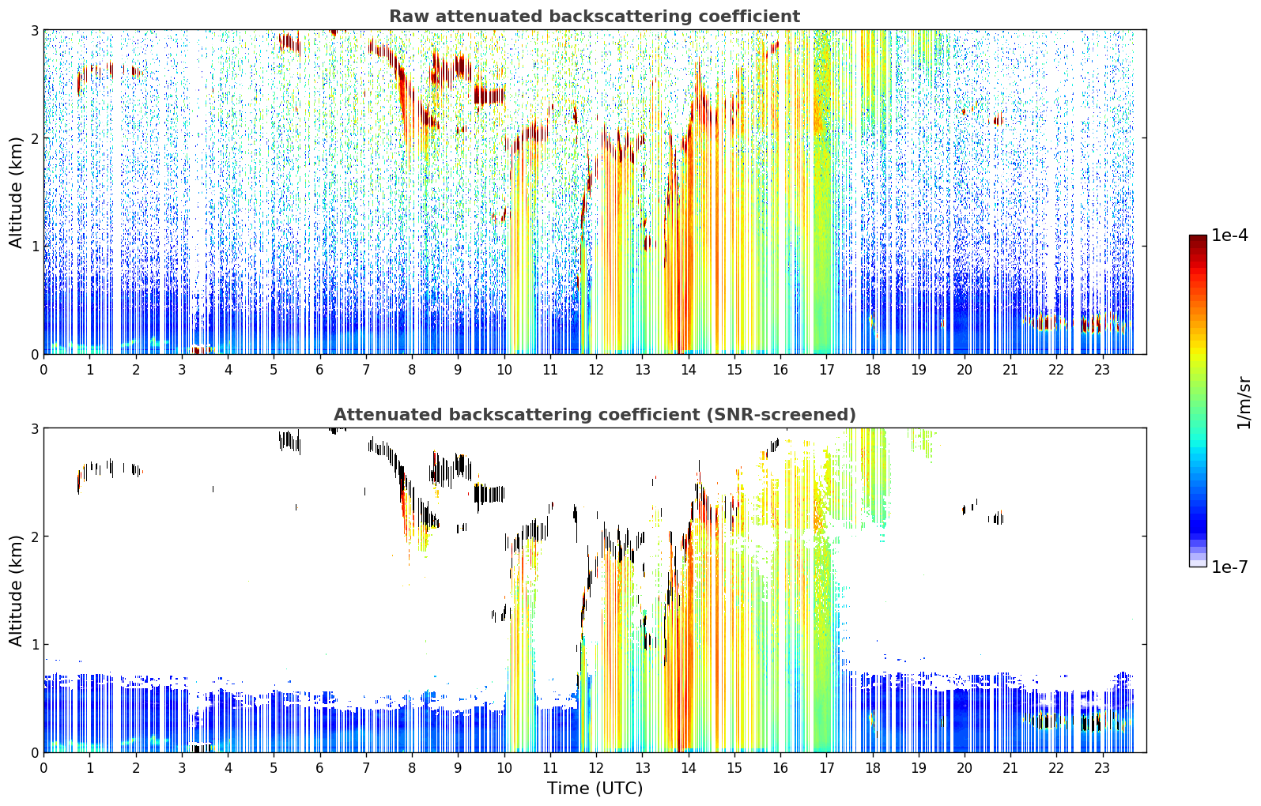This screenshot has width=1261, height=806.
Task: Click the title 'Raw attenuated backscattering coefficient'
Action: tap(595, 17)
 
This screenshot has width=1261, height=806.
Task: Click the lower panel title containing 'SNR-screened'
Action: tap(595, 415)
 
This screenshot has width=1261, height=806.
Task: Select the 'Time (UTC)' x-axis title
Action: tap(595, 789)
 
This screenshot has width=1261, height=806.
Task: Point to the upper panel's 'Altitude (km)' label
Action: tap(16, 193)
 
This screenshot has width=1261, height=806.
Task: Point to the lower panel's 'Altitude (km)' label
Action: tap(16, 590)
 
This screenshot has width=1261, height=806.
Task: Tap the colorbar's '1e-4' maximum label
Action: tap(1229, 235)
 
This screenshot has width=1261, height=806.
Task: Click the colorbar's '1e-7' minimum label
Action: tap(1229, 567)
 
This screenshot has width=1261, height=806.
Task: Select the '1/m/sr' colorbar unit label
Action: tap(1244, 403)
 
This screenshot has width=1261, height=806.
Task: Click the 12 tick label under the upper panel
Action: tap(596, 370)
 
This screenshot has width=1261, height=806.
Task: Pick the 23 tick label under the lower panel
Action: tap(1102, 768)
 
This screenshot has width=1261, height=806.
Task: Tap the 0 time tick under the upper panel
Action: tap(44, 370)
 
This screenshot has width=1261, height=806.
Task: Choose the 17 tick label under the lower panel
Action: tap(826, 768)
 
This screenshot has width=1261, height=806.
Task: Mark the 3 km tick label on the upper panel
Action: tap(34, 30)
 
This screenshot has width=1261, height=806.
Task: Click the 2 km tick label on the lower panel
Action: tap(34, 537)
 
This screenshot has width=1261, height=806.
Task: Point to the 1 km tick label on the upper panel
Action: tap(34, 247)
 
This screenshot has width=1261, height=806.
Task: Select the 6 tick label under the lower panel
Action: tap(319, 768)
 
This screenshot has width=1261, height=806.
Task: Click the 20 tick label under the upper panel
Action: tap(965, 370)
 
